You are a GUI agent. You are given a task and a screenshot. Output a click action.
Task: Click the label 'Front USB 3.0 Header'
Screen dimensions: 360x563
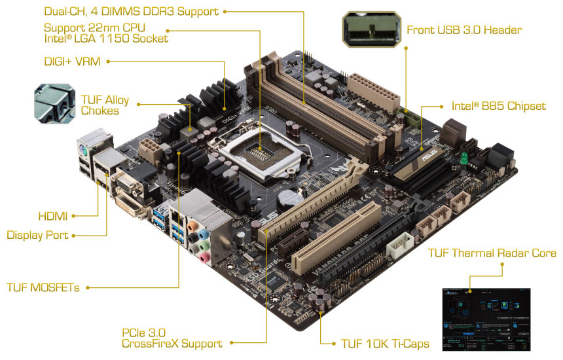coord(464,30)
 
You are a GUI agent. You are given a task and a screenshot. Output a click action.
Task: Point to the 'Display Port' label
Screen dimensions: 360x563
coord(37,234)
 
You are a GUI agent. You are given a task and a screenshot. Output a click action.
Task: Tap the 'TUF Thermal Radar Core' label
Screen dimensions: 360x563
coord(492,253)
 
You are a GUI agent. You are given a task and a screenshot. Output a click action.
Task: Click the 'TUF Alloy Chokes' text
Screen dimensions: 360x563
coord(105,105)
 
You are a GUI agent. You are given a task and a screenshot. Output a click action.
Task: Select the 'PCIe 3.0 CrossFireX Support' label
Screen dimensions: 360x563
coord(172,337)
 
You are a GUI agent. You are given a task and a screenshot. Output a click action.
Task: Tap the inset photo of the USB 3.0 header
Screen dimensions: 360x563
coord(371,30)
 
